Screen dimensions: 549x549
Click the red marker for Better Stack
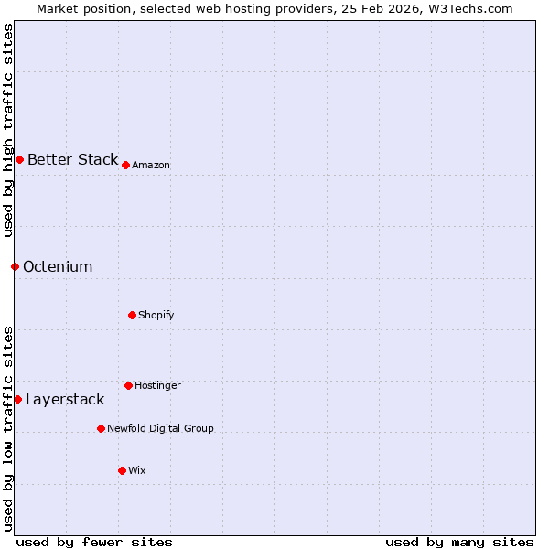(19, 159)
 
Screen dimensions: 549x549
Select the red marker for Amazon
(125, 165)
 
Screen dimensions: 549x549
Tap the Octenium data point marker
(15, 266)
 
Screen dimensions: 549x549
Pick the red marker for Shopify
(132, 315)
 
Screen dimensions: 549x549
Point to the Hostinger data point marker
(128, 385)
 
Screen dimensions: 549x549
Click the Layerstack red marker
(17, 399)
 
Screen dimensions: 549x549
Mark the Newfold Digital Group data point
(101, 428)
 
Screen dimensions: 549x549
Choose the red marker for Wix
(122, 470)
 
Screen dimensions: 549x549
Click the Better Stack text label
(72, 159)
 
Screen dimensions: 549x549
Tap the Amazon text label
(151, 165)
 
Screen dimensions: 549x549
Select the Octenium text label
(58, 266)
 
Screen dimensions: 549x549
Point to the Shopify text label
(156, 315)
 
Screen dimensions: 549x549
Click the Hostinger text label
(157, 385)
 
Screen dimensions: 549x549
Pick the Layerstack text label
(65, 399)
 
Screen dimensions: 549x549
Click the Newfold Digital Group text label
(160, 428)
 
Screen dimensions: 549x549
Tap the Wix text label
(137, 470)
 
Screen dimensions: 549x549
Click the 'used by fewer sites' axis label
(94, 542)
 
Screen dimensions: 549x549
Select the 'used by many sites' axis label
(459, 542)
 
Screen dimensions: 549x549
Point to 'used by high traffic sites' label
(8, 130)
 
